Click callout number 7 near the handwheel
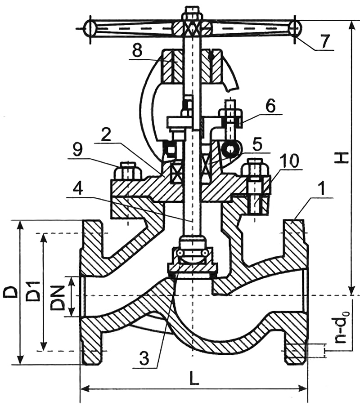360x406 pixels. (x=324, y=41)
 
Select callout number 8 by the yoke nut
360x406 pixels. (x=137, y=51)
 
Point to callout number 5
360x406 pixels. (x=257, y=145)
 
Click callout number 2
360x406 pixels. (x=106, y=134)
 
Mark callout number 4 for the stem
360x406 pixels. (x=78, y=188)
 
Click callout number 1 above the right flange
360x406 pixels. (x=321, y=189)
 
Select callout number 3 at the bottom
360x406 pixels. (x=144, y=358)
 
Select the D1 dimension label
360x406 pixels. (x=33, y=291)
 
